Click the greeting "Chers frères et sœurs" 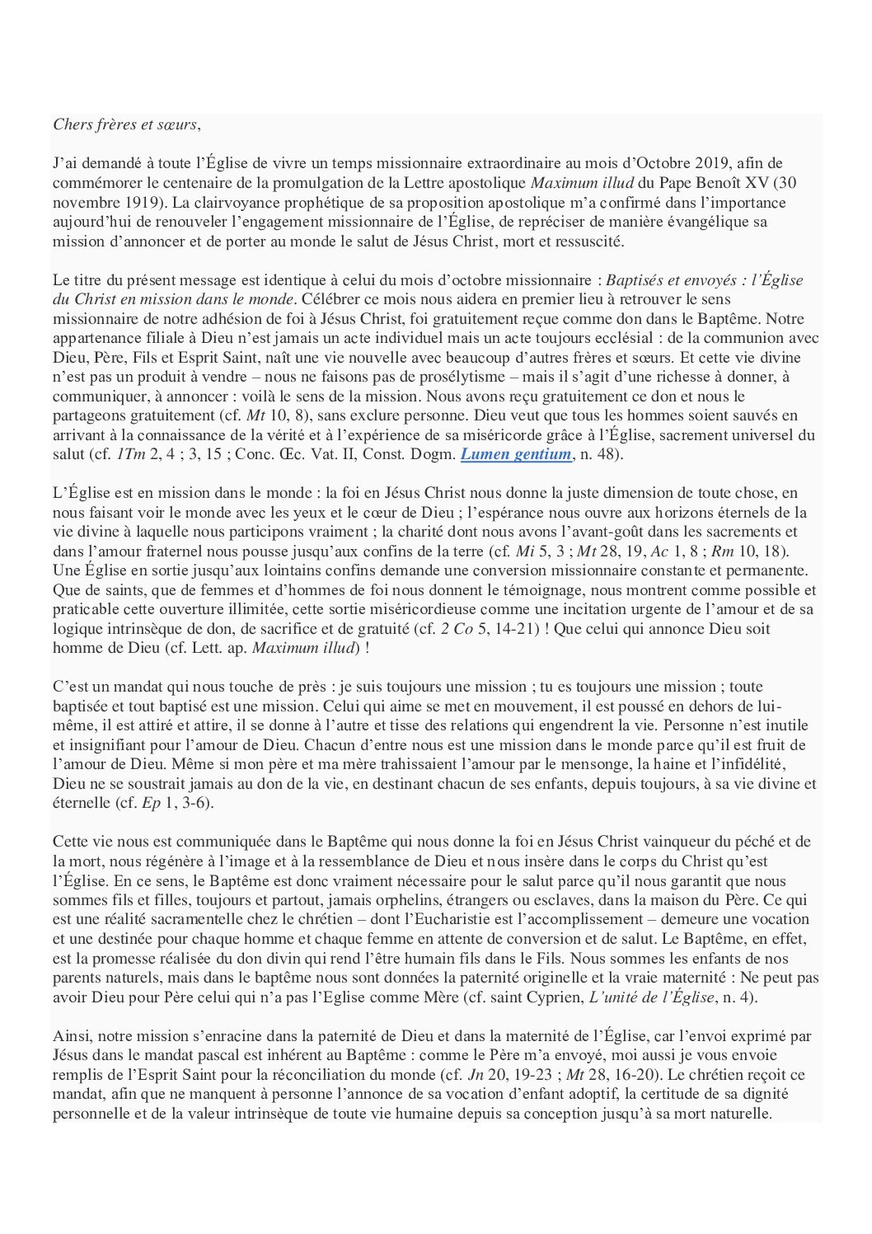(125, 124)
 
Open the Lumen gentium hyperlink (515, 454)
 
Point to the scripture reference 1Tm (129, 454)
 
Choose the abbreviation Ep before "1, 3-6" (152, 803)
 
